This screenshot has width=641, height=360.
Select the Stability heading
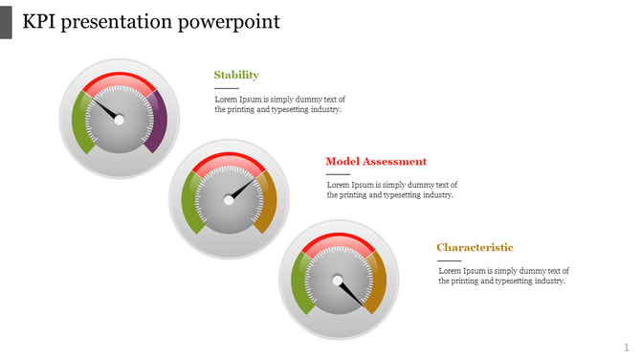click(236, 75)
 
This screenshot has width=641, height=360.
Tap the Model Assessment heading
click(376, 162)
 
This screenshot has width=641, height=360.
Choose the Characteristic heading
click(475, 248)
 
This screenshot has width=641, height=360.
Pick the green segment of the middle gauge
click(190, 206)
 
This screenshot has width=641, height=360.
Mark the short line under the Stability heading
click(226, 89)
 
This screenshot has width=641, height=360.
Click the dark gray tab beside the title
click(6, 21)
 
